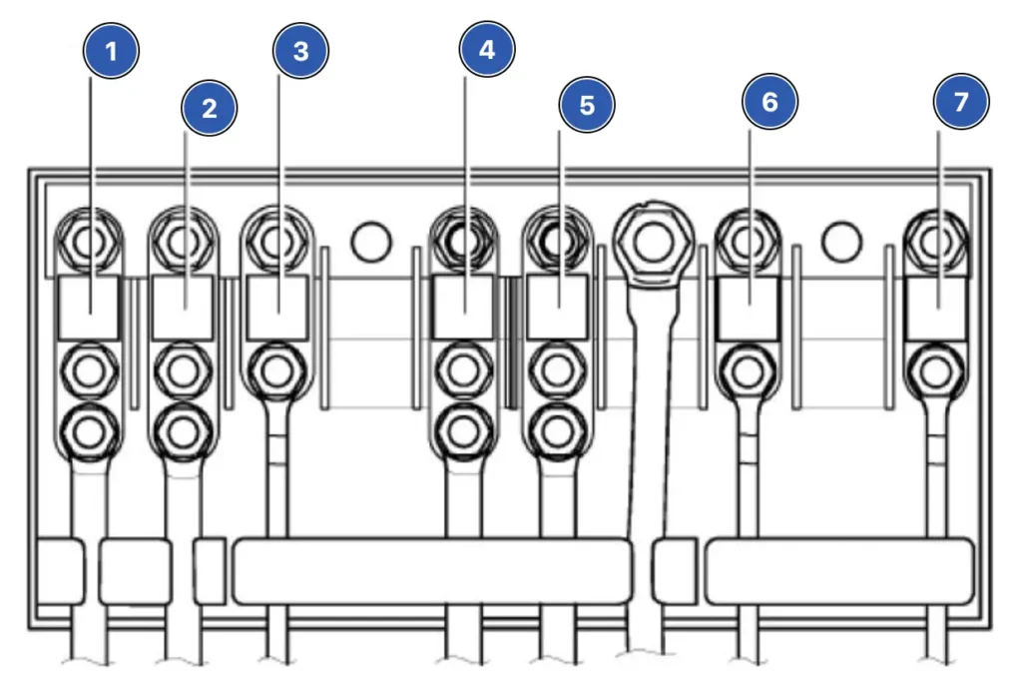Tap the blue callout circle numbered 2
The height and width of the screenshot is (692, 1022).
(209, 108)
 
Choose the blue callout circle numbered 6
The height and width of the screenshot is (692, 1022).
(769, 102)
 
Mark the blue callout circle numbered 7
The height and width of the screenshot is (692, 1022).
(961, 102)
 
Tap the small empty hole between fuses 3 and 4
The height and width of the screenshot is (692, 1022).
(370, 241)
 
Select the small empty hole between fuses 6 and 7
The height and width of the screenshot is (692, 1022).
(841, 241)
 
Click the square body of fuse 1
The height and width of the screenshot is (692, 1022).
(90, 308)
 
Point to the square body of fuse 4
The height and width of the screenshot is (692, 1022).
(463, 308)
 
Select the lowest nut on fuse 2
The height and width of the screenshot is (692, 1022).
(182, 431)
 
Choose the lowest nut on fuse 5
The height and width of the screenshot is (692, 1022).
(557, 431)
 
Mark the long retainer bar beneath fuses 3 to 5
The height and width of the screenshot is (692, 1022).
(432, 572)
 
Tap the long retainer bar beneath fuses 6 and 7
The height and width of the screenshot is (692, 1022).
(839, 572)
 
